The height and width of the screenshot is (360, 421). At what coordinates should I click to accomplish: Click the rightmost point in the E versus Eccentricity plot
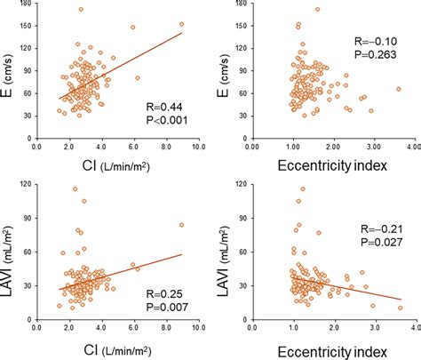[399, 89]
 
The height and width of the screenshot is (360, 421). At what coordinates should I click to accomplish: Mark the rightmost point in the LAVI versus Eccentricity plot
[400, 308]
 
